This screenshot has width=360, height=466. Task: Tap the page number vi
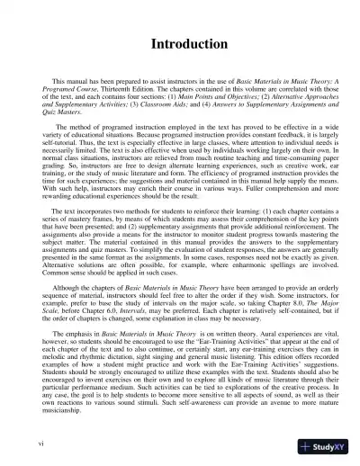tap(31, 444)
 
